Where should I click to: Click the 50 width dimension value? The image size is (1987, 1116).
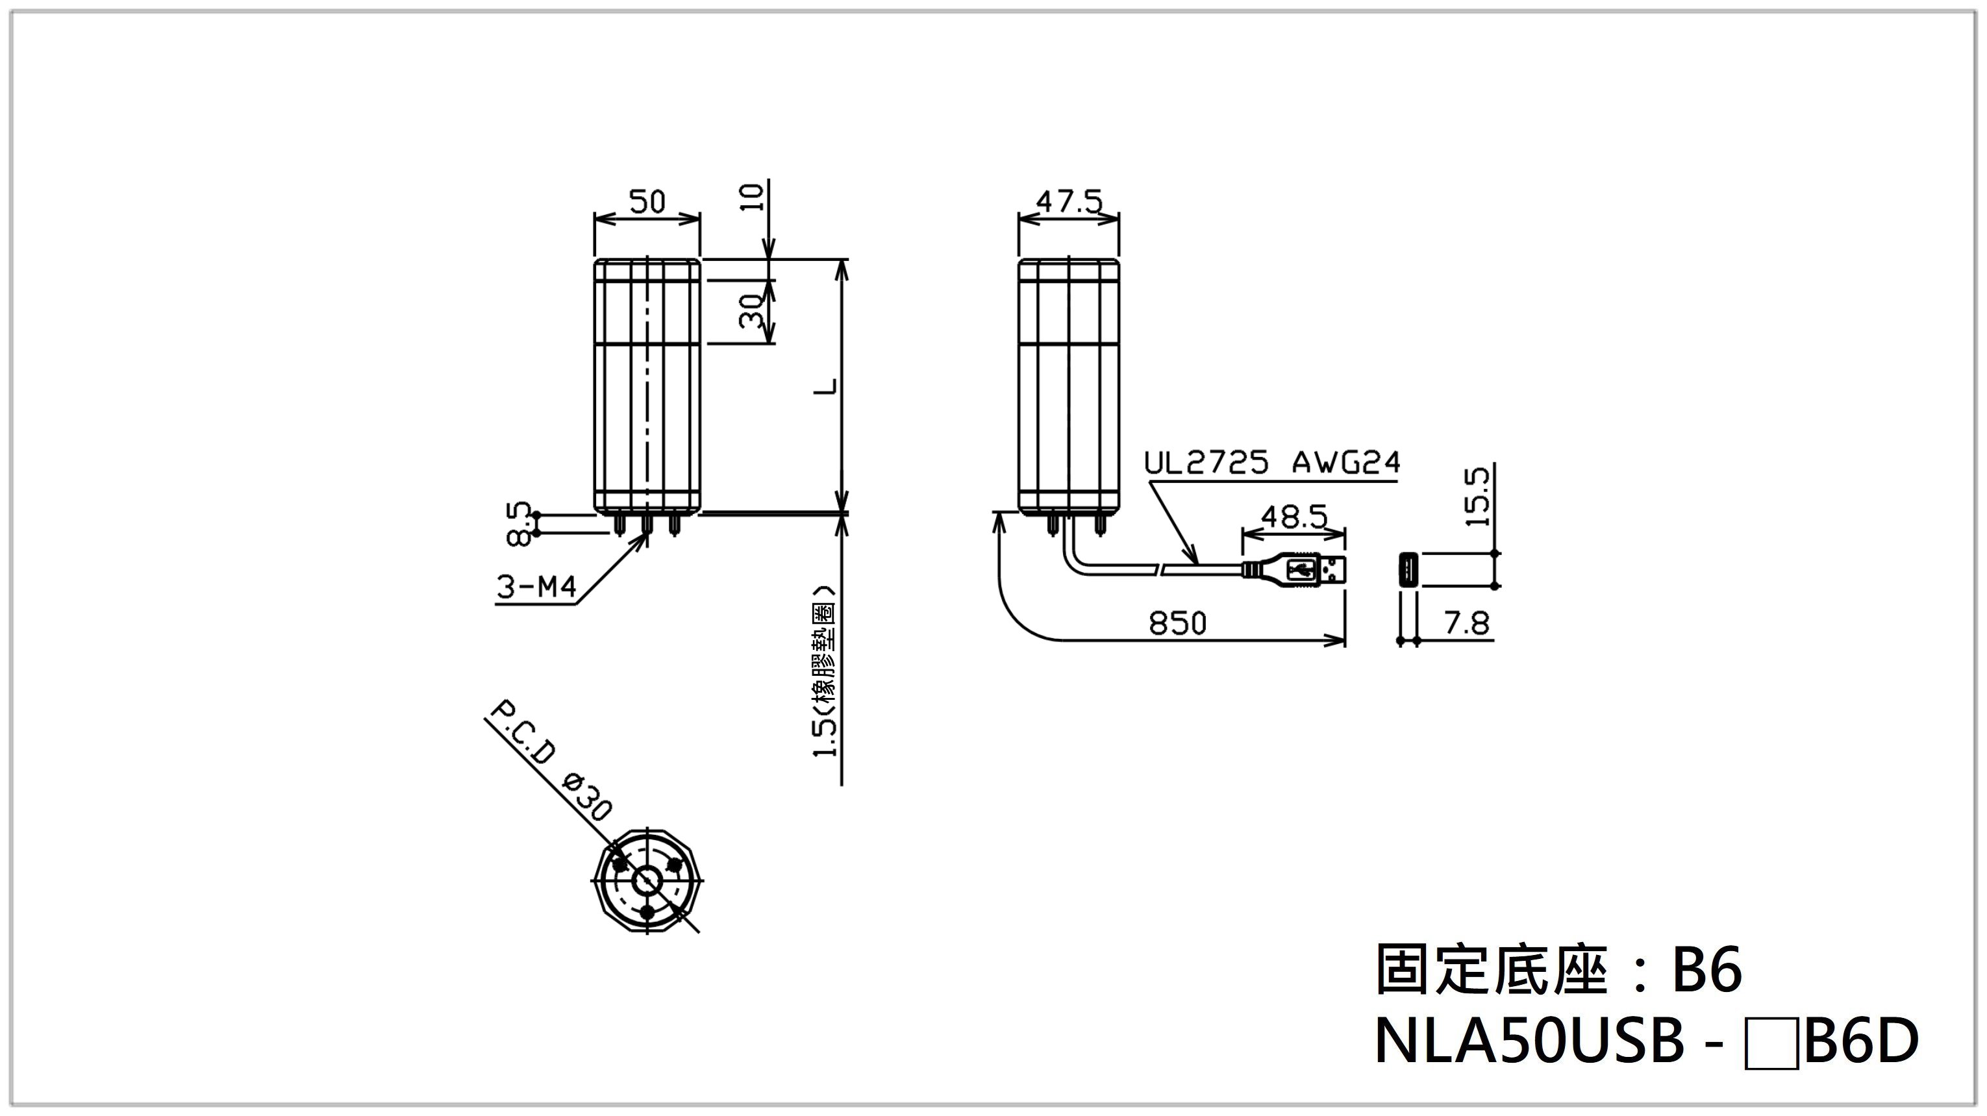(646, 202)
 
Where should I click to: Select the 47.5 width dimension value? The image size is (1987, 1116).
(1068, 202)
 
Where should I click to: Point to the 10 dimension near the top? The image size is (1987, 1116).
(755, 197)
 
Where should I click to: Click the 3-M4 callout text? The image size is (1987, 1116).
(536, 588)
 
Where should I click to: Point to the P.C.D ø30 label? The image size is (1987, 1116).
(551, 760)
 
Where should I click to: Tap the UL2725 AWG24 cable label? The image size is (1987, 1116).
(1271, 463)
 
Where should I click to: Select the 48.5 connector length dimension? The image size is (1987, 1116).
(1293, 516)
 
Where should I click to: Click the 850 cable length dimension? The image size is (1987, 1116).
(1177, 623)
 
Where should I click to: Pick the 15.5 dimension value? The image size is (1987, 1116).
(1477, 497)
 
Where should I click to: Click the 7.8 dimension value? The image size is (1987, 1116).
(1466, 623)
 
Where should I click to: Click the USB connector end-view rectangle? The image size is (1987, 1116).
(1408, 570)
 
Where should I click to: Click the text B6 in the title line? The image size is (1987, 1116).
(1706, 971)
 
